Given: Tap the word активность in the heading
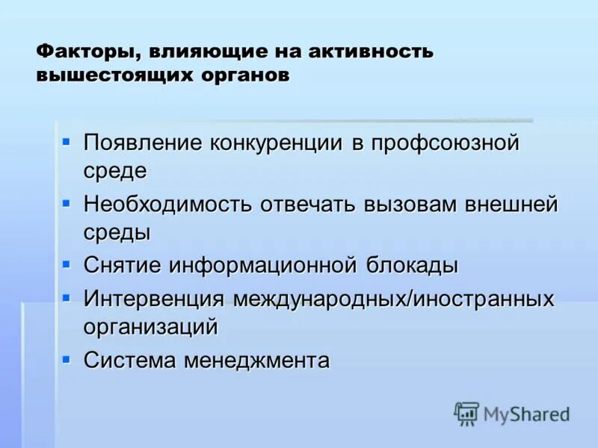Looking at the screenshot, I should [371, 52].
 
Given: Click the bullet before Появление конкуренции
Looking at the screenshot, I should [67, 140].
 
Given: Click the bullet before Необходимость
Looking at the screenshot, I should [67, 202].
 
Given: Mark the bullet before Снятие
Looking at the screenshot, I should [67, 263].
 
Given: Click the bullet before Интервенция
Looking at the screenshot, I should [67, 296].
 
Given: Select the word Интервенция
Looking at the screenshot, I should [154, 299].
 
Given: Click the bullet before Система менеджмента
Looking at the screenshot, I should [67, 358].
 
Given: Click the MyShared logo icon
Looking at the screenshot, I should [466, 414].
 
